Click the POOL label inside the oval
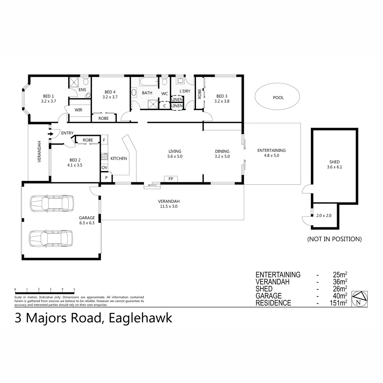278,98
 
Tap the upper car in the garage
51,203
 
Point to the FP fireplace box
171,179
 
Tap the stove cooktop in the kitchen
104,157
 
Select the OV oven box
104,168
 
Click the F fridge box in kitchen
104,140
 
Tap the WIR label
78,110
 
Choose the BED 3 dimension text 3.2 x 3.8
222,101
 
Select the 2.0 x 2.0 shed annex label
324,215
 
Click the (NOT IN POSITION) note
334,239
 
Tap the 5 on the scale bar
74,289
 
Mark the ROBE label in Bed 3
199,94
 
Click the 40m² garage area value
339,296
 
